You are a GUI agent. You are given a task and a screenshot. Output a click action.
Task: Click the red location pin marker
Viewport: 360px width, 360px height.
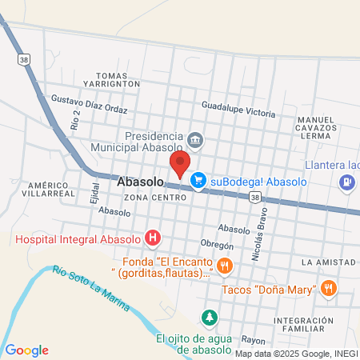(x=179, y=165)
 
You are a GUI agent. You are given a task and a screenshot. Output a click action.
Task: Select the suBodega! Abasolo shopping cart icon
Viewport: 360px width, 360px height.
(x=197, y=182)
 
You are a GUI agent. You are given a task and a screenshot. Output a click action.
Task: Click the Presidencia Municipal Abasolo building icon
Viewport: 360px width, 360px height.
(x=196, y=142)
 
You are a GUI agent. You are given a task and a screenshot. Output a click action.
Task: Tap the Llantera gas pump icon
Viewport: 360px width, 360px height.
(x=346, y=182)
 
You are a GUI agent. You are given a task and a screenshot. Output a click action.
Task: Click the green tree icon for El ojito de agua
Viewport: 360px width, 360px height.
(x=209, y=318)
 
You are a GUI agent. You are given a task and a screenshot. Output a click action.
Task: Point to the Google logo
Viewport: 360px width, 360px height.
(x=26, y=350)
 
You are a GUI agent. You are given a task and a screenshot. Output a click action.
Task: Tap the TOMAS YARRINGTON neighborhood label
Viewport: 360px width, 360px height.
(x=118, y=78)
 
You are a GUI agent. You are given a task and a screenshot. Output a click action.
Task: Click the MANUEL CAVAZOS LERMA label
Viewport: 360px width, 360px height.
(x=321, y=128)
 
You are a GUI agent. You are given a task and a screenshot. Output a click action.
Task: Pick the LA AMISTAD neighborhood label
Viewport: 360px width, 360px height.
(x=328, y=262)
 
